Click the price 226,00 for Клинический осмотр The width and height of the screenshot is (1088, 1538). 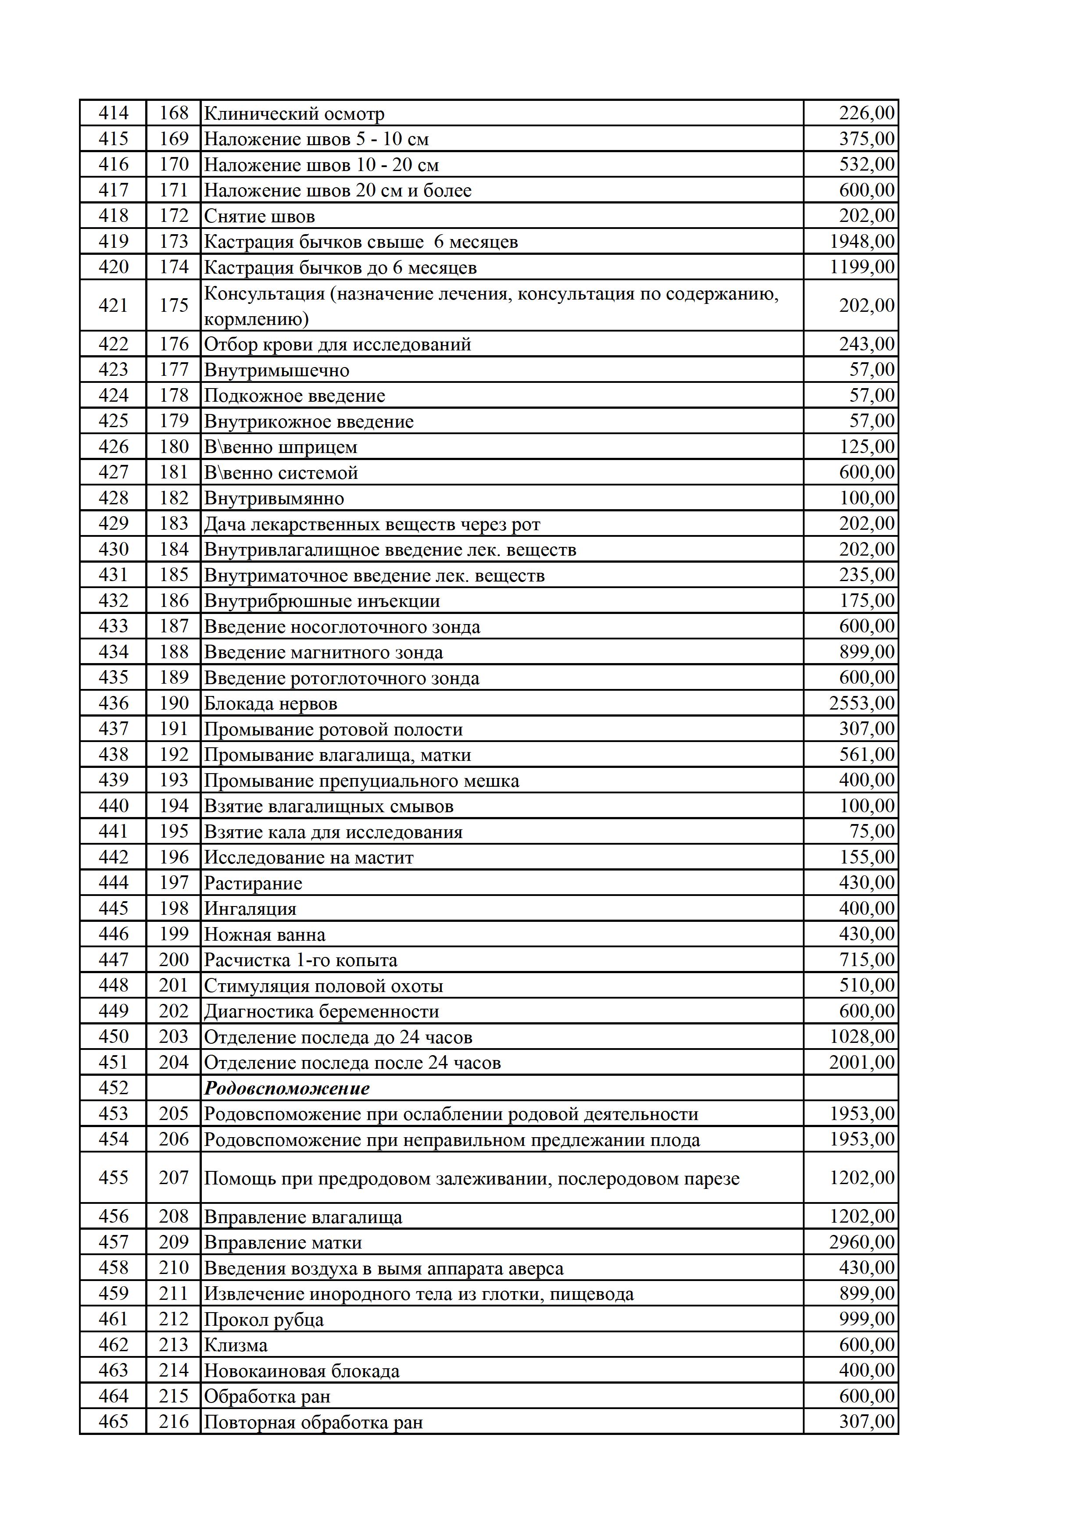pyautogui.click(x=866, y=113)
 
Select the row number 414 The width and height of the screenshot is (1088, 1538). pyautogui.click(x=113, y=113)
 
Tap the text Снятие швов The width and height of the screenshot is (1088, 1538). pyautogui.click(x=259, y=216)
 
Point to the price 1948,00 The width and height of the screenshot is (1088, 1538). pyautogui.click(x=862, y=241)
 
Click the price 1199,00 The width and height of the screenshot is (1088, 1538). pyautogui.click(x=862, y=267)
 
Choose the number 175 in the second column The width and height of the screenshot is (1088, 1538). pyautogui.click(x=174, y=306)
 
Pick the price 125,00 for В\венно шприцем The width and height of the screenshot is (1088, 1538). pyautogui.click(x=867, y=447)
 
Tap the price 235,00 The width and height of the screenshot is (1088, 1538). pyautogui.click(x=866, y=575)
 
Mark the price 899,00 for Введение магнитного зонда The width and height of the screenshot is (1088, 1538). pyautogui.click(x=866, y=652)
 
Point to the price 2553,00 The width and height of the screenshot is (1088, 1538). pyautogui.click(x=862, y=703)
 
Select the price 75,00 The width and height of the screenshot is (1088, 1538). pyautogui.click(x=872, y=831)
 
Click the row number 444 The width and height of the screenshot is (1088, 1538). pyautogui.click(x=113, y=883)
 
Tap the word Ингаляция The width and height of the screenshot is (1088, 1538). pyautogui.click(x=250, y=909)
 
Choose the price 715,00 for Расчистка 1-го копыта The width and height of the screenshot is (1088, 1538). pyautogui.click(x=866, y=960)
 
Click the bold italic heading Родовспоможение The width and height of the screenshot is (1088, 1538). pyautogui.click(x=287, y=1088)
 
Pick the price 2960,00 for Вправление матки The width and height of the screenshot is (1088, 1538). pyautogui.click(x=862, y=1242)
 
